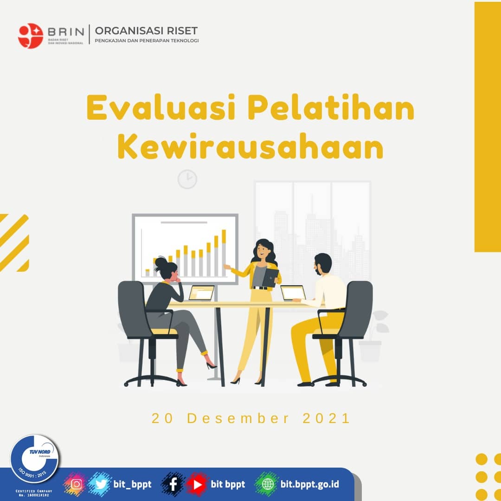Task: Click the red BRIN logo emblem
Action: click(x=31, y=36)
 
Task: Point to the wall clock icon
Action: click(x=187, y=179)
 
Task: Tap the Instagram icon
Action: click(x=77, y=484)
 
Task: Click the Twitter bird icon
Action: click(x=100, y=484)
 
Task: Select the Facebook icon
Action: click(x=173, y=484)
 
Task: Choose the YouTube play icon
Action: click(x=197, y=484)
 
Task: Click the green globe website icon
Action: click(x=268, y=484)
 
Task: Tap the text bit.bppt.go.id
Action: click(x=310, y=484)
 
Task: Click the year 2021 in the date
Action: click(x=327, y=418)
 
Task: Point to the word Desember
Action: click(x=238, y=418)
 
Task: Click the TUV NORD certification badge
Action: click(x=35, y=459)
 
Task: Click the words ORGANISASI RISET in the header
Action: click(x=146, y=31)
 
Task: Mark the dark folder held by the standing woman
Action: click(x=270, y=277)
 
